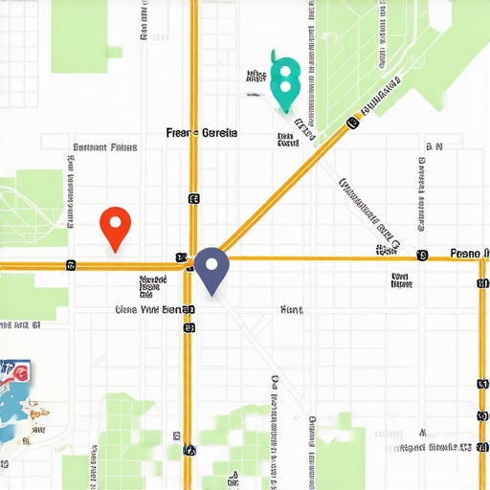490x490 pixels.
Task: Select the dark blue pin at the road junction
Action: click(211, 263)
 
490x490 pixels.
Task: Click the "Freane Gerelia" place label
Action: click(202, 133)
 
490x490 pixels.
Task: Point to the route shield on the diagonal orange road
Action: click(352, 122)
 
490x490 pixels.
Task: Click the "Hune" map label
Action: click(291, 310)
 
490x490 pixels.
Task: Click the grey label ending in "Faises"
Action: click(104, 147)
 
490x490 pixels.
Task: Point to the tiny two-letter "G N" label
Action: click(434, 147)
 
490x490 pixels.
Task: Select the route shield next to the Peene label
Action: click(422, 256)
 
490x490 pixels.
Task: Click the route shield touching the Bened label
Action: click(189, 310)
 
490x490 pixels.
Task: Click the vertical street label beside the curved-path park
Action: click(72, 182)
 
